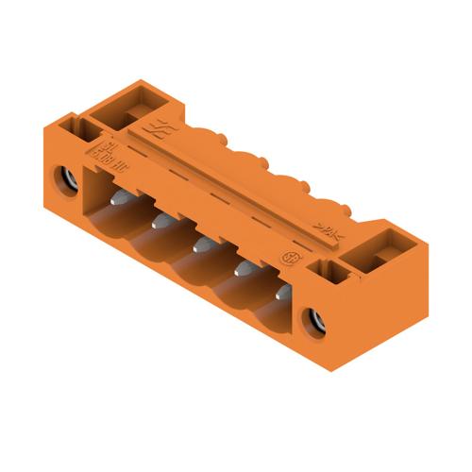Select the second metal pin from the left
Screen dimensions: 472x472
click(x=160, y=221)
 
